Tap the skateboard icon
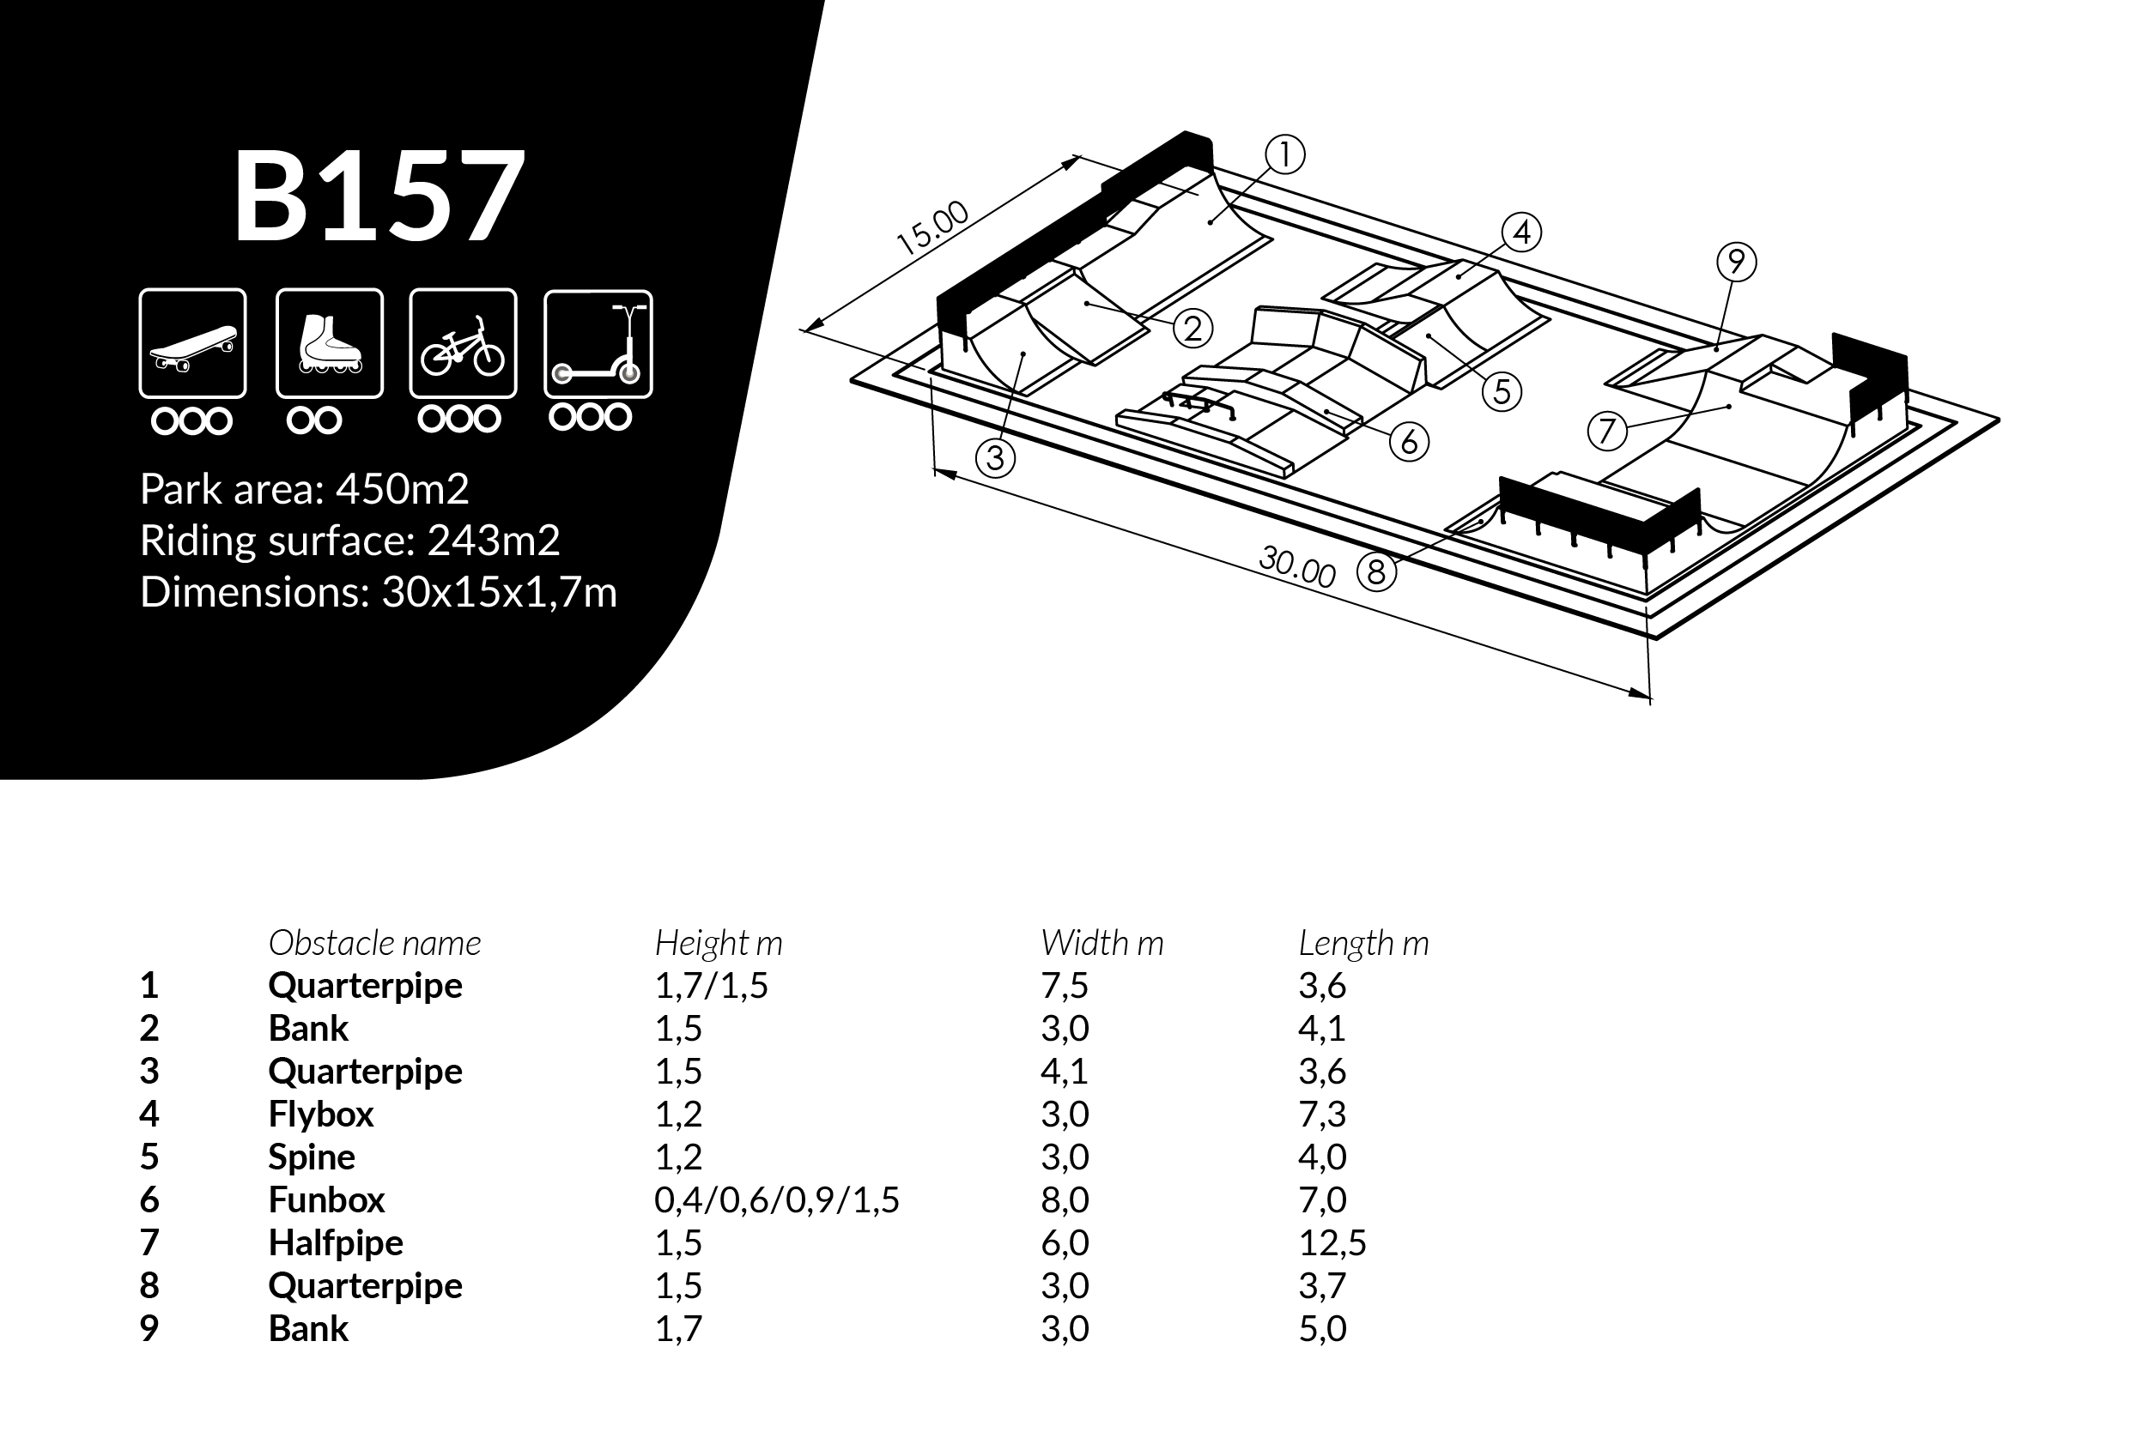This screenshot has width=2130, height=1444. (192, 343)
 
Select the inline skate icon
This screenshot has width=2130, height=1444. (329, 343)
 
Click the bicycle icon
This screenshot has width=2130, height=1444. (463, 343)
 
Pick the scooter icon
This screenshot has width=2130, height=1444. (598, 343)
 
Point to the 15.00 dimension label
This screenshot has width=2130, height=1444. (932, 227)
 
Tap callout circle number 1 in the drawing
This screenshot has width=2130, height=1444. (1285, 154)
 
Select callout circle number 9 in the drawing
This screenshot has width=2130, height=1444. (1736, 262)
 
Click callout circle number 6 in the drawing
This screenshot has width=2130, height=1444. (1410, 443)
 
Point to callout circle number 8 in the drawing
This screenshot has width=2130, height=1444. (1375, 571)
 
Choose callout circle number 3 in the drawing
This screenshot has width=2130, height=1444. (995, 457)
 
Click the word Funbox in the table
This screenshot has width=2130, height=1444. (326, 1199)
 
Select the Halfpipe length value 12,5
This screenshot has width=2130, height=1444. (1332, 1242)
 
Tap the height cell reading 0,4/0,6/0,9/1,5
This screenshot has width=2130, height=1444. (777, 1200)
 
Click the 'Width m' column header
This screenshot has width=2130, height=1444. (1101, 943)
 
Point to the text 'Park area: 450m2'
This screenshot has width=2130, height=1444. (304, 489)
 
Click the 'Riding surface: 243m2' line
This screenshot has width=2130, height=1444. (350, 541)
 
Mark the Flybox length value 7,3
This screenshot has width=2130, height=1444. (1321, 1115)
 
